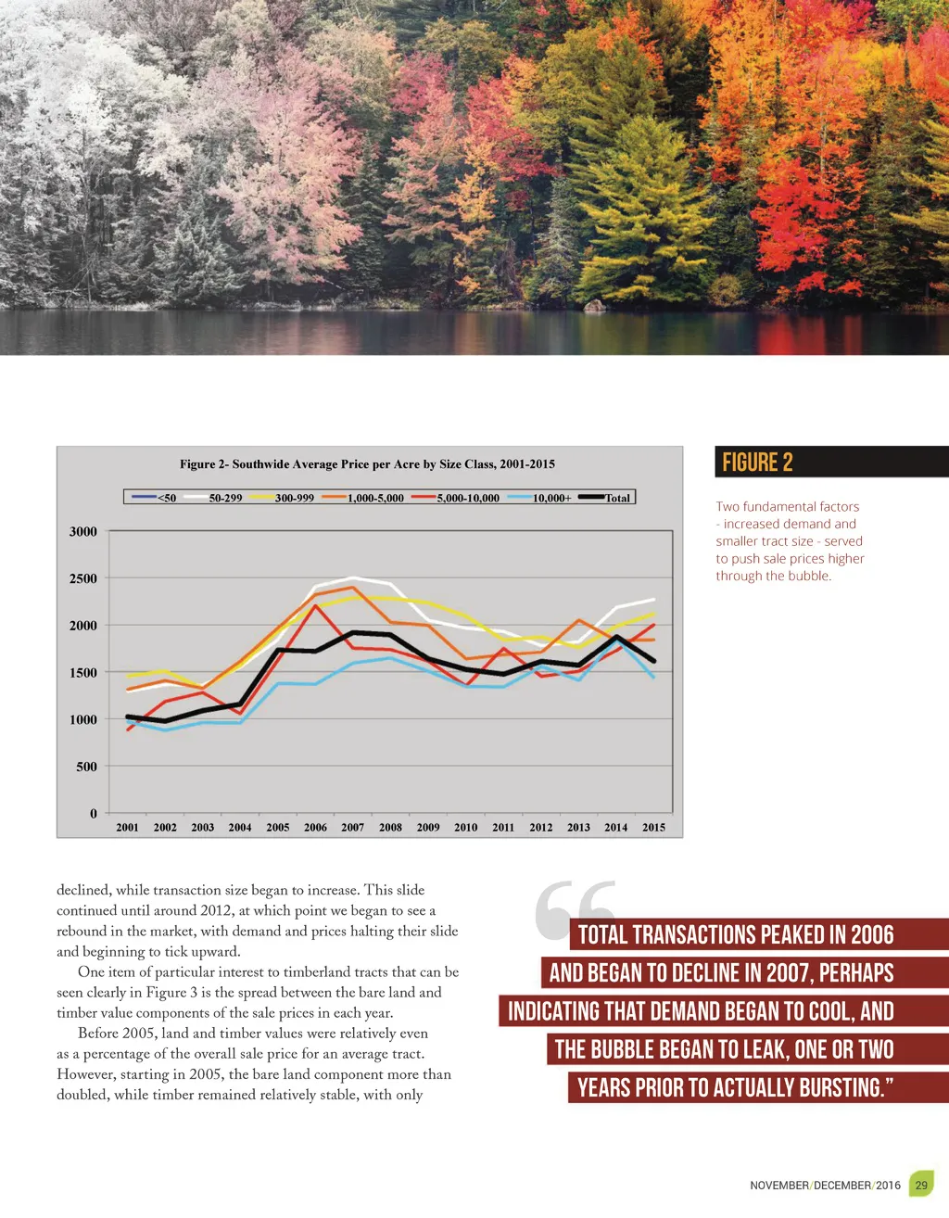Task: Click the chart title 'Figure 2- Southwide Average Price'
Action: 367,463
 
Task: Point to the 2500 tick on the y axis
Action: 83,578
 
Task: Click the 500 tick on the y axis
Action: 87,767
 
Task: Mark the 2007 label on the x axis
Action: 352,828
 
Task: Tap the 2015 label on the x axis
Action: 653,828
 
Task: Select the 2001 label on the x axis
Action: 127,828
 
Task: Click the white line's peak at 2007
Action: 352,577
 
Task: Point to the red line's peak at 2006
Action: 315,605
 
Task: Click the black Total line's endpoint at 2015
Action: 653,661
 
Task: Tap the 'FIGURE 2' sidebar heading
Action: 757,463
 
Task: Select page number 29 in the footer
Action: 920,1185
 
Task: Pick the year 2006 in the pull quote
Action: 872,934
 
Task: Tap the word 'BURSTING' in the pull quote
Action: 841,1087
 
